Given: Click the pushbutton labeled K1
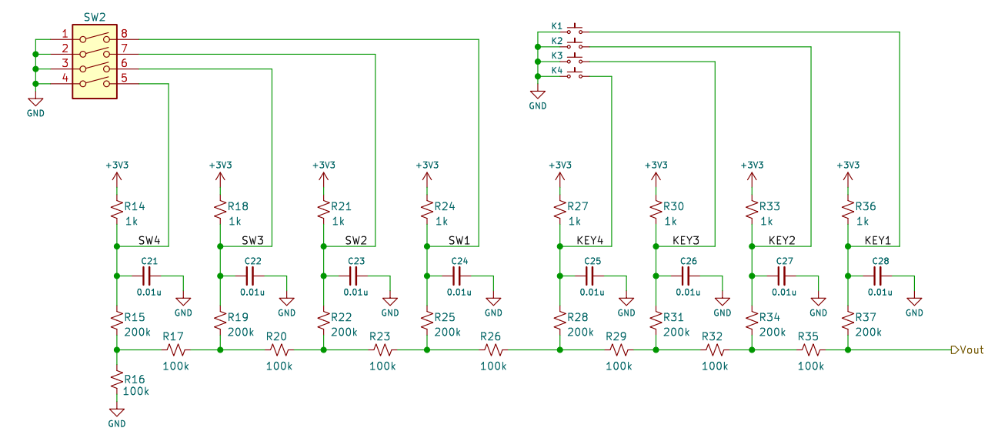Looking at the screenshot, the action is [575, 30].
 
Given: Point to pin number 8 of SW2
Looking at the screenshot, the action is [124, 33].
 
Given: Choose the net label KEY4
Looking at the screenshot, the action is [589, 240].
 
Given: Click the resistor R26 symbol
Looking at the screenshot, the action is [493, 349].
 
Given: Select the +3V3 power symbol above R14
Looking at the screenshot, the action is [117, 174].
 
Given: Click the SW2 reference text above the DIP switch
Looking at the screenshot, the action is [95, 17].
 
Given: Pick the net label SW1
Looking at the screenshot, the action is [459, 240].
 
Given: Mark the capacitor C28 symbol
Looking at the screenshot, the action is [878, 276].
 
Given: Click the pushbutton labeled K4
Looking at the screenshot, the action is [575, 74].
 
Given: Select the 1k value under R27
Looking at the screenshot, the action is [574, 221].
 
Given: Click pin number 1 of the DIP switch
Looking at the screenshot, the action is [65, 33].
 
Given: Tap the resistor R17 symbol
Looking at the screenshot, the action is [175, 349].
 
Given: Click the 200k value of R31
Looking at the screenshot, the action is [676, 332].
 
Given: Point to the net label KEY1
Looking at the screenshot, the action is [877, 240].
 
